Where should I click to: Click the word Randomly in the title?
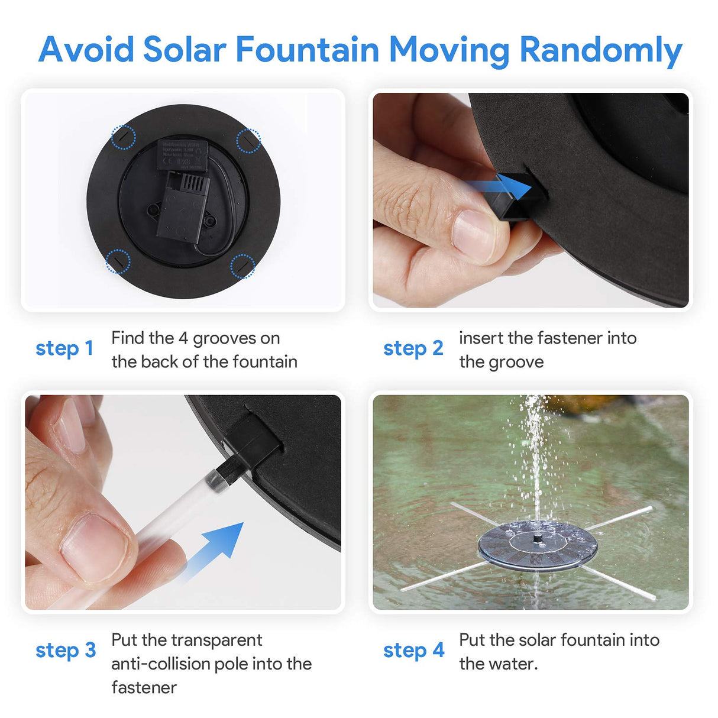pos(600,50)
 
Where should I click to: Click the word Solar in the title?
pos(184,49)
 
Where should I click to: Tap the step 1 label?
pos(64,348)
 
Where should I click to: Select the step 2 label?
pos(413,348)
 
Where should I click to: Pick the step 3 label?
pos(65,650)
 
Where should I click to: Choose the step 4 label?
pos(413,650)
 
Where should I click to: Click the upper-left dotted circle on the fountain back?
pos(124,137)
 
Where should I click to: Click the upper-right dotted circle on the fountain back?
pos(248,141)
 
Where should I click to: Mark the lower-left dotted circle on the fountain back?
pos(118,261)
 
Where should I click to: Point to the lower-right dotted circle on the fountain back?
pos(242,266)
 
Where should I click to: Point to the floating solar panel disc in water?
pos(536,546)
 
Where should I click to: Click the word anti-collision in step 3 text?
pos(160,664)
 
